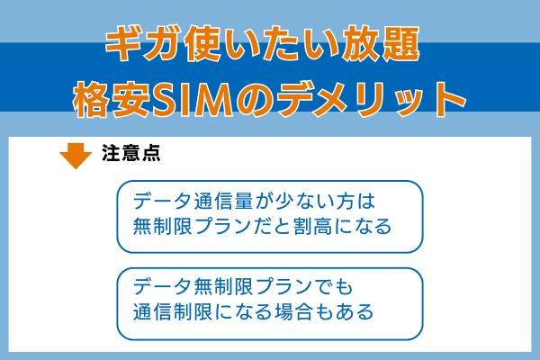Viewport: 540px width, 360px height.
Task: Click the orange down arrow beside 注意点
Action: pyautogui.click(x=76, y=156)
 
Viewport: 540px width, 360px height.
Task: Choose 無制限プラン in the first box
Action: pyautogui.click(x=196, y=227)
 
